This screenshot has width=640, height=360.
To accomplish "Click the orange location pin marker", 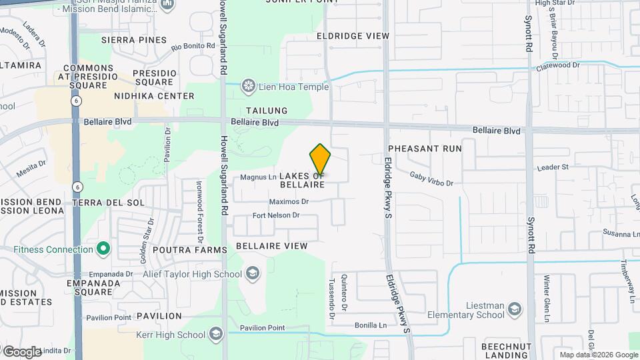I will pyautogui.click(x=321, y=159).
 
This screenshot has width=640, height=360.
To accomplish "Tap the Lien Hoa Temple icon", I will pyautogui.click(x=249, y=86).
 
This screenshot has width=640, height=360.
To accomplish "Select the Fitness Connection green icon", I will pyautogui.click(x=103, y=249).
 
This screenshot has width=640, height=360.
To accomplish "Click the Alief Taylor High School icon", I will pyautogui.click(x=253, y=273).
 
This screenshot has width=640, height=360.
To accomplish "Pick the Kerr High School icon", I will pyautogui.click(x=215, y=334).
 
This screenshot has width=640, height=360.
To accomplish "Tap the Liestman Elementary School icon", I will pyautogui.click(x=515, y=309).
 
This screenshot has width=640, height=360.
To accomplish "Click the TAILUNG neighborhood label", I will pyautogui.click(x=267, y=111).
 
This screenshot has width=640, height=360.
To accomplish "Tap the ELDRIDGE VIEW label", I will pyautogui.click(x=353, y=35).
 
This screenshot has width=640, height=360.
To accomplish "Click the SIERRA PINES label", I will pyautogui.click(x=134, y=40).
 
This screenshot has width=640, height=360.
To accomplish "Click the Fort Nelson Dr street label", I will pyautogui.click(x=276, y=215).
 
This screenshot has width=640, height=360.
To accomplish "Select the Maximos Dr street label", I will pyautogui.click(x=289, y=201).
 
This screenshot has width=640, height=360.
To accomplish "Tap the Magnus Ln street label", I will pyautogui.click(x=258, y=177).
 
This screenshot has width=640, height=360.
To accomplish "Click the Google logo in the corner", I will pyautogui.click(x=22, y=351).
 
